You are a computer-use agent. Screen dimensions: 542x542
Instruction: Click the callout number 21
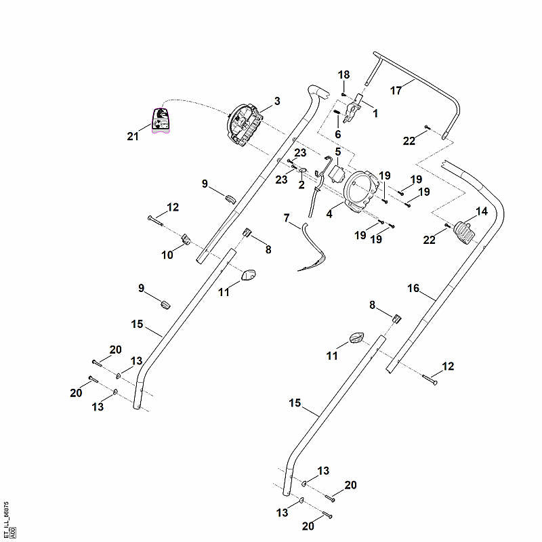[x=133, y=136]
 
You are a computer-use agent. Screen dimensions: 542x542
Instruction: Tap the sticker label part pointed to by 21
[x=161, y=121]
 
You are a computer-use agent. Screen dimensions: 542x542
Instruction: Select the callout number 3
[x=277, y=101]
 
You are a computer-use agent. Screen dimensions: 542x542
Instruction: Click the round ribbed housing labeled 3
[x=245, y=126]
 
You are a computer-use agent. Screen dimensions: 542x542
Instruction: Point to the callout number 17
[x=396, y=91]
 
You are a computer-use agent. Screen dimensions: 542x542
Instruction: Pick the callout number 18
[x=343, y=75]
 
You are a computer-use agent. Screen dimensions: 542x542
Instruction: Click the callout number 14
[x=482, y=211]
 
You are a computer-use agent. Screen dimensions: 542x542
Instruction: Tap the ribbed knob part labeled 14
[x=463, y=233]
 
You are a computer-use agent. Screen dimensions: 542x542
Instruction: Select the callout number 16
[x=413, y=288]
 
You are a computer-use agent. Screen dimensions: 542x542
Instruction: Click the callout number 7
[x=286, y=217]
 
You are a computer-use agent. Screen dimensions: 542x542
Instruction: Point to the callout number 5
[x=337, y=151]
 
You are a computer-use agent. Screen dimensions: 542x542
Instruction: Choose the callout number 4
[x=329, y=214]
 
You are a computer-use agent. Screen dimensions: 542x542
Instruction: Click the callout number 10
[x=167, y=255]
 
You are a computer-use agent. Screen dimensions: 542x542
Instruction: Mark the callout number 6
[x=337, y=134]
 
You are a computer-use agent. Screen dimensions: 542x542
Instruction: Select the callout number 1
[x=375, y=113]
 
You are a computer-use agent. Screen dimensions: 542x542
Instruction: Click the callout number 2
[x=301, y=184]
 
